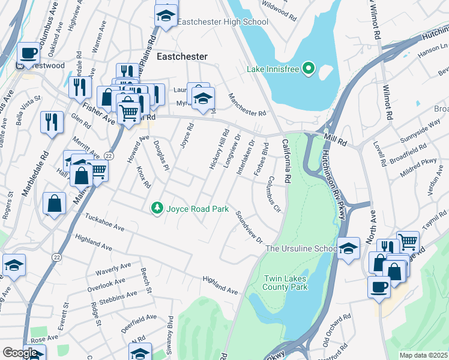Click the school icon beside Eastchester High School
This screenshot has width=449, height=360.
[x=166, y=16]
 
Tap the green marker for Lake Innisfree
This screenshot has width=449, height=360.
[x=309, y=69]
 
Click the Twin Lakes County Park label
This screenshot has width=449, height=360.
[x=286, y=283]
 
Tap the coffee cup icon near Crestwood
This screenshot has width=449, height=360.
[x=28, y=52]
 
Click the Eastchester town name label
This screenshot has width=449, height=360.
[x=181, y=56]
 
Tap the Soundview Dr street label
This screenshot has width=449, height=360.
[x=249, y=227]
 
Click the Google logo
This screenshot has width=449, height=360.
[x=20, y=353]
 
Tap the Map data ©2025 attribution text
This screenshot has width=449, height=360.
[x=423, y=355]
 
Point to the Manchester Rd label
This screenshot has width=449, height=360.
[x=246, y=105]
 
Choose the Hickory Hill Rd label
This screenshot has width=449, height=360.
[x=218, y=149]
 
